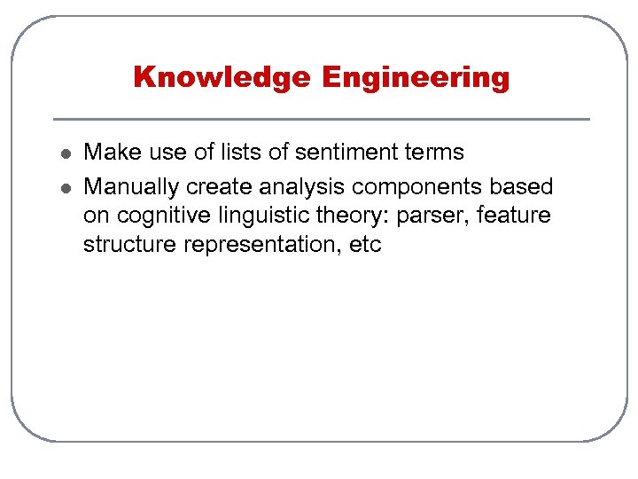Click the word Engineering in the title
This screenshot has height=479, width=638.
[416, 78]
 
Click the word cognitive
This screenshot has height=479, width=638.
[161, 215]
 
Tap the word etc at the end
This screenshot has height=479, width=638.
[365, 245]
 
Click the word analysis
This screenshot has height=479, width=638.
[302, 187]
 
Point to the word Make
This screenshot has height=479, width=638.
[107, 152]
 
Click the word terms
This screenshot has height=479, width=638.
[433, 152]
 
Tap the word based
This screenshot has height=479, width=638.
[522, 187]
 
